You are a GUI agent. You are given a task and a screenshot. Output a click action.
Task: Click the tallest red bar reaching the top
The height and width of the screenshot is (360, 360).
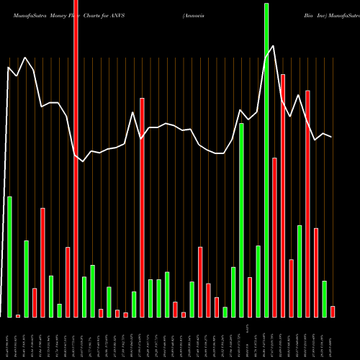pyautogui.click(x=76, y=158)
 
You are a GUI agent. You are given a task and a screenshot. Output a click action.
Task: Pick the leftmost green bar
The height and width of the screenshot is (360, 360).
pyautogui.click(x=9, y=256)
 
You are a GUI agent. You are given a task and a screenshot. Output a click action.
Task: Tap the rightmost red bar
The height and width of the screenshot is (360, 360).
pyautogui.click(x=333, y=311)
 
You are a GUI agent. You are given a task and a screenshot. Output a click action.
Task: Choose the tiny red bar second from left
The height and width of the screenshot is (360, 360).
pyautogui.click(x=18, y=315)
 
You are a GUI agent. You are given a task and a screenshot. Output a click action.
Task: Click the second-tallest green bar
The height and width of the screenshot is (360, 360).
pyautogui.click(x=241, y=220)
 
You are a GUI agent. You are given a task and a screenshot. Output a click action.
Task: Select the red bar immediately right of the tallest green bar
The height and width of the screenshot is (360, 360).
pyautogui.click(x=274, y=237)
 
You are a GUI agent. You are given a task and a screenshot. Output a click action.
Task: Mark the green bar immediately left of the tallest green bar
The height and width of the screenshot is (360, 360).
pyautogui.click(x=258, y=281)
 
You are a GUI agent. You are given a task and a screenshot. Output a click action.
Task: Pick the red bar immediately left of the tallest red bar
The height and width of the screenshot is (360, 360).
pyautogui.click(x=68, y=282)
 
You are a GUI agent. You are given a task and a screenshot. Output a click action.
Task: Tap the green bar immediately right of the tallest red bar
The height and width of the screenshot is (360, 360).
pyautogui.click(x=84, y=297)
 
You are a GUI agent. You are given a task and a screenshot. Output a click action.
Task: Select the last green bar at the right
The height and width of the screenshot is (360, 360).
pyautogui.click(x=324, y=298)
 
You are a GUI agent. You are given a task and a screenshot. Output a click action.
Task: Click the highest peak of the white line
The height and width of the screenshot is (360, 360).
pyautogui.click(x=274, y=46)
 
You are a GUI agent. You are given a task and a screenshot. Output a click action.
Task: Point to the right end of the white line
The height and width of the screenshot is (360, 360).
pyautogui.click(x=332, y=137)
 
